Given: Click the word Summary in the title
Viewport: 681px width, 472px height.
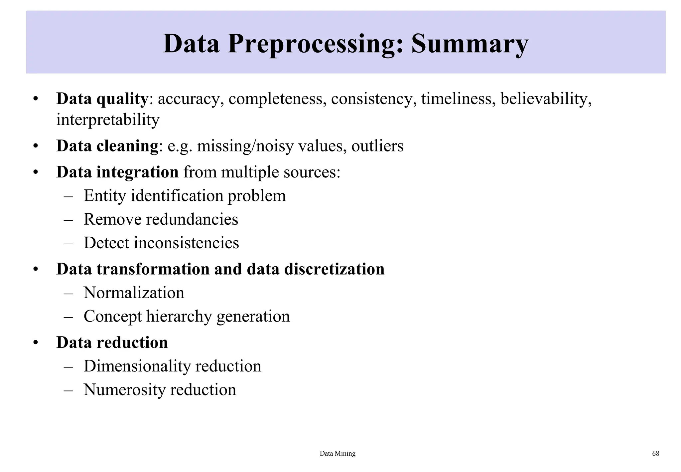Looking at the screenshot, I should coord(470,44).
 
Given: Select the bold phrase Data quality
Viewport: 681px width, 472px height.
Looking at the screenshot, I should coord(102,99).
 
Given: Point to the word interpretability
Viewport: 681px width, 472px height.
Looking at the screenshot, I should coord(108,120).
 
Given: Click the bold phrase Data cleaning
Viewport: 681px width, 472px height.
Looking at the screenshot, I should coord(107,146).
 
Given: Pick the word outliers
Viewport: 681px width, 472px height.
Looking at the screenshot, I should coord(377,146).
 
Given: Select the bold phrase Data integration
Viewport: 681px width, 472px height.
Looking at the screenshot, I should coord(117,172).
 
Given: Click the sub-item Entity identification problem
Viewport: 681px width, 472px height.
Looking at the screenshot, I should coord(185,196).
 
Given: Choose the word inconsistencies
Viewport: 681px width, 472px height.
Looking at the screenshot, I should coord(186,243).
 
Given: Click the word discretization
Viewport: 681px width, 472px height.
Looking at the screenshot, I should coord(334,269).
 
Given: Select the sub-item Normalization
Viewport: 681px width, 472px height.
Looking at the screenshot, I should coord(134,293).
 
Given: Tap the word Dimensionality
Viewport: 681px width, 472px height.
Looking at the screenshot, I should coord(137,366).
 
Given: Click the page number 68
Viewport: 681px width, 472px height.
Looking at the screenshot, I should coord(655,453).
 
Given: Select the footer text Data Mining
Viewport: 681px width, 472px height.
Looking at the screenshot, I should coord(338,453).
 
